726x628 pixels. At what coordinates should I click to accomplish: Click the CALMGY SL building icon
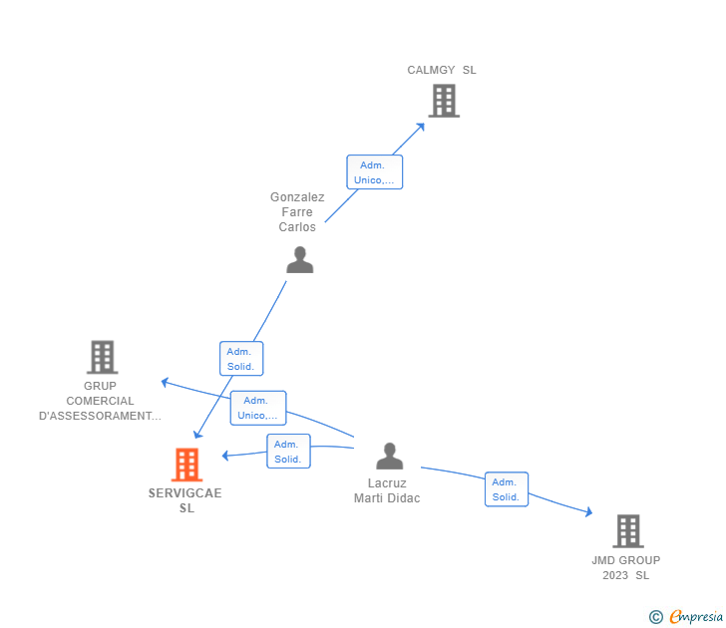pos(444,101)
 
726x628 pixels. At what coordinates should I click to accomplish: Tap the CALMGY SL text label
pos(442,70)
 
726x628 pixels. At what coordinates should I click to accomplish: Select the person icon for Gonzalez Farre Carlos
pos(299,260)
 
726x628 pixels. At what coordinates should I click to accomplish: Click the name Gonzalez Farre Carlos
pos(297,211)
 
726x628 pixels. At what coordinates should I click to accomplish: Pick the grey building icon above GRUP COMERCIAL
pos(102,357)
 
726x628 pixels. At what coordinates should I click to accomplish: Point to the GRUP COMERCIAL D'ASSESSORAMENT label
pos(100,401)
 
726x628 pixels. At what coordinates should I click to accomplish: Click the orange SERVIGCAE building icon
pos(186,465)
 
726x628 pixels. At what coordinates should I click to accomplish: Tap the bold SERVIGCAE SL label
pos(185,500)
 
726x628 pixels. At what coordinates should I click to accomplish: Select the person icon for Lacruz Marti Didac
pos(389,457)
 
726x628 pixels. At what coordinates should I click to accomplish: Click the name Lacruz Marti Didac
pos(387,490)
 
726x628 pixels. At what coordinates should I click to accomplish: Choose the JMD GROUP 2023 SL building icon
pos(627,531)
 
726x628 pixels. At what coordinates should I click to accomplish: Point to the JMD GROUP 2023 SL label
pos(626,567)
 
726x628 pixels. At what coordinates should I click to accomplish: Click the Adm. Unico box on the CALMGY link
pos(374,172)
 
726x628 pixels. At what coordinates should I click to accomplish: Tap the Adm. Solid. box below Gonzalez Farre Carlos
pos(241,359)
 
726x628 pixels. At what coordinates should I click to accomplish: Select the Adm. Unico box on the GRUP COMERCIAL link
pos(257,408)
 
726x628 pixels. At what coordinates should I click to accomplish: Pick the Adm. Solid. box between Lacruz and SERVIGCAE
pos(288,452)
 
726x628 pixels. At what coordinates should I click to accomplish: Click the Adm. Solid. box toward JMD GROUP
pos(507,489)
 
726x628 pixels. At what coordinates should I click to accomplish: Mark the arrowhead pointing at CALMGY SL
pos(421,126)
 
